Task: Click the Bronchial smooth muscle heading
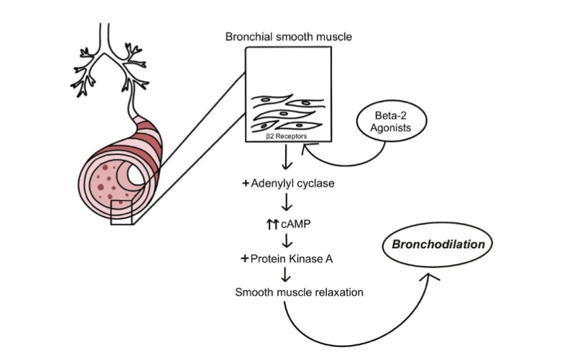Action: point(289,36)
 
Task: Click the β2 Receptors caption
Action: point(287,136)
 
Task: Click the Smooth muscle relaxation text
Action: point(299,292)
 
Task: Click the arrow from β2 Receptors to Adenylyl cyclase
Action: point(287,161)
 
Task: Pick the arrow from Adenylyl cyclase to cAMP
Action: point(287,203)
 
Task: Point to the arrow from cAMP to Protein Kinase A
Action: point(287,240)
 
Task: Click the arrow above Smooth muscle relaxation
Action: point(287,274)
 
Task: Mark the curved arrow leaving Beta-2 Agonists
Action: point(341,162)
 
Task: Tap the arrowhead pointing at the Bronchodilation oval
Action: point(429,276)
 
